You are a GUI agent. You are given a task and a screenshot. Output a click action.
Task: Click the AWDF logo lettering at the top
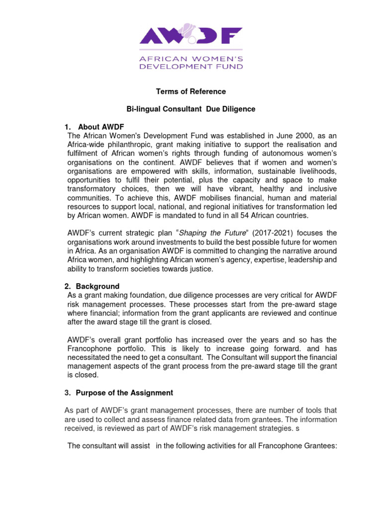coord(191,36)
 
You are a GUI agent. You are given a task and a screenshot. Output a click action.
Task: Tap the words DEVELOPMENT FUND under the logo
coord(191,66)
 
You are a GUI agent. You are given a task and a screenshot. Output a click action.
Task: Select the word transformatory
coord(93,189)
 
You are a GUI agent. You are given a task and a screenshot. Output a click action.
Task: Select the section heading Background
coord(97,286)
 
